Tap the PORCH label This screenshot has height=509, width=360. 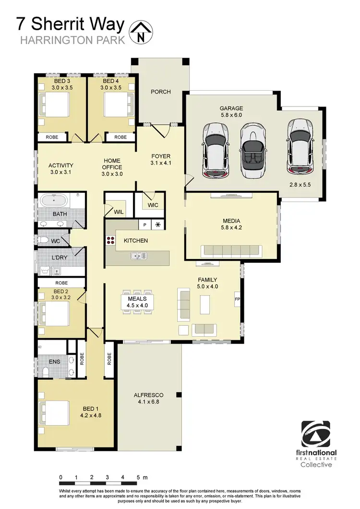tap(160, 92)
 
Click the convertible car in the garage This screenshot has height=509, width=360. tap(253, 150)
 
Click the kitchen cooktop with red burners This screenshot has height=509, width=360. tap(110, 241)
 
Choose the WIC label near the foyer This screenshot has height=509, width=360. tap(153, 205)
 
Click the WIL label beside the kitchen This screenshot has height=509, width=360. tap(118, 211)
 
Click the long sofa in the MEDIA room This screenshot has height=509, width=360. tap(231, 251)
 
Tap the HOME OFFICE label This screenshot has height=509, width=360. tap(112, 167)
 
